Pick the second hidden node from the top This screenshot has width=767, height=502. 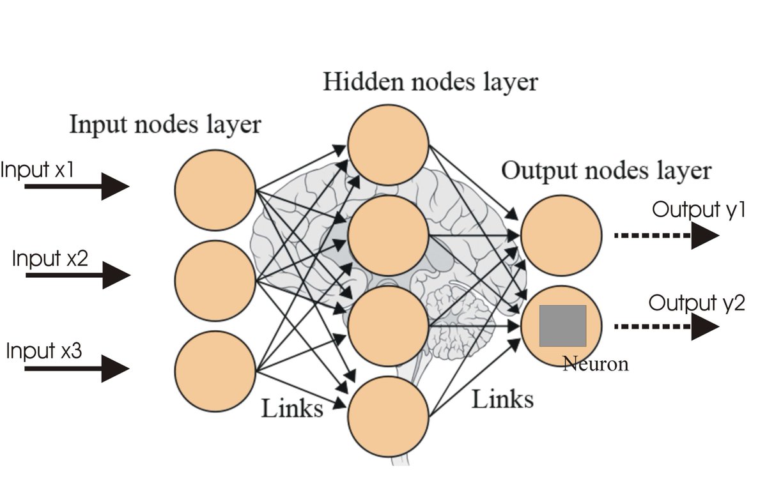click(388, 236)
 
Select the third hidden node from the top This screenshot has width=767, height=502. click(388, 326)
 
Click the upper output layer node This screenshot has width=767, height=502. click(562, 236)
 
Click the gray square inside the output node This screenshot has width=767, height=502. click(562, 326)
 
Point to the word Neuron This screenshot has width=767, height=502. click(596, 364)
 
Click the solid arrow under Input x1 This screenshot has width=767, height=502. click(77, 186)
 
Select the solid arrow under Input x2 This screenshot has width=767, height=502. click(78, 275)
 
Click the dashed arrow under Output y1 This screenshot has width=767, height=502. click(666, 236)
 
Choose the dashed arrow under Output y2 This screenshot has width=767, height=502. click(666, 326)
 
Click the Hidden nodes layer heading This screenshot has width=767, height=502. click(430, 82)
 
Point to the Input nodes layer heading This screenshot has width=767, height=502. click(165, 124)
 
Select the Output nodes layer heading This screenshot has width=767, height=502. click(606, 171)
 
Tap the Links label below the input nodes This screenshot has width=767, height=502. click(291, 407)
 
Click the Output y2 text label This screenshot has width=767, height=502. click(697, 303)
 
